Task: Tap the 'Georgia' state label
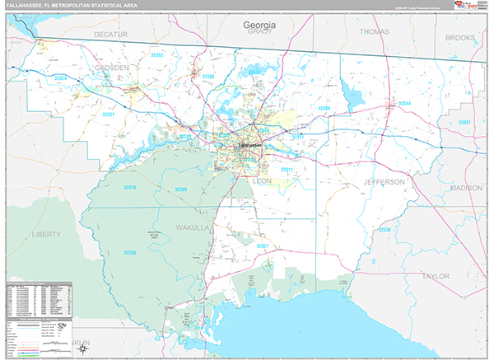pos(259,26)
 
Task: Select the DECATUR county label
pos(111,35)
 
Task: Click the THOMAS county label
pos(374,32)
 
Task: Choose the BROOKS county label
pos(459,38)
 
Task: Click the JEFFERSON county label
pos(383,181)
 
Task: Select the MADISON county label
pos(466,188)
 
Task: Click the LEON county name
pos(262,180)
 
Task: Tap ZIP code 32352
pos(156,55)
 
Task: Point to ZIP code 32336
pos(384,230)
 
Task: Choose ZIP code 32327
pos(262,246)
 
